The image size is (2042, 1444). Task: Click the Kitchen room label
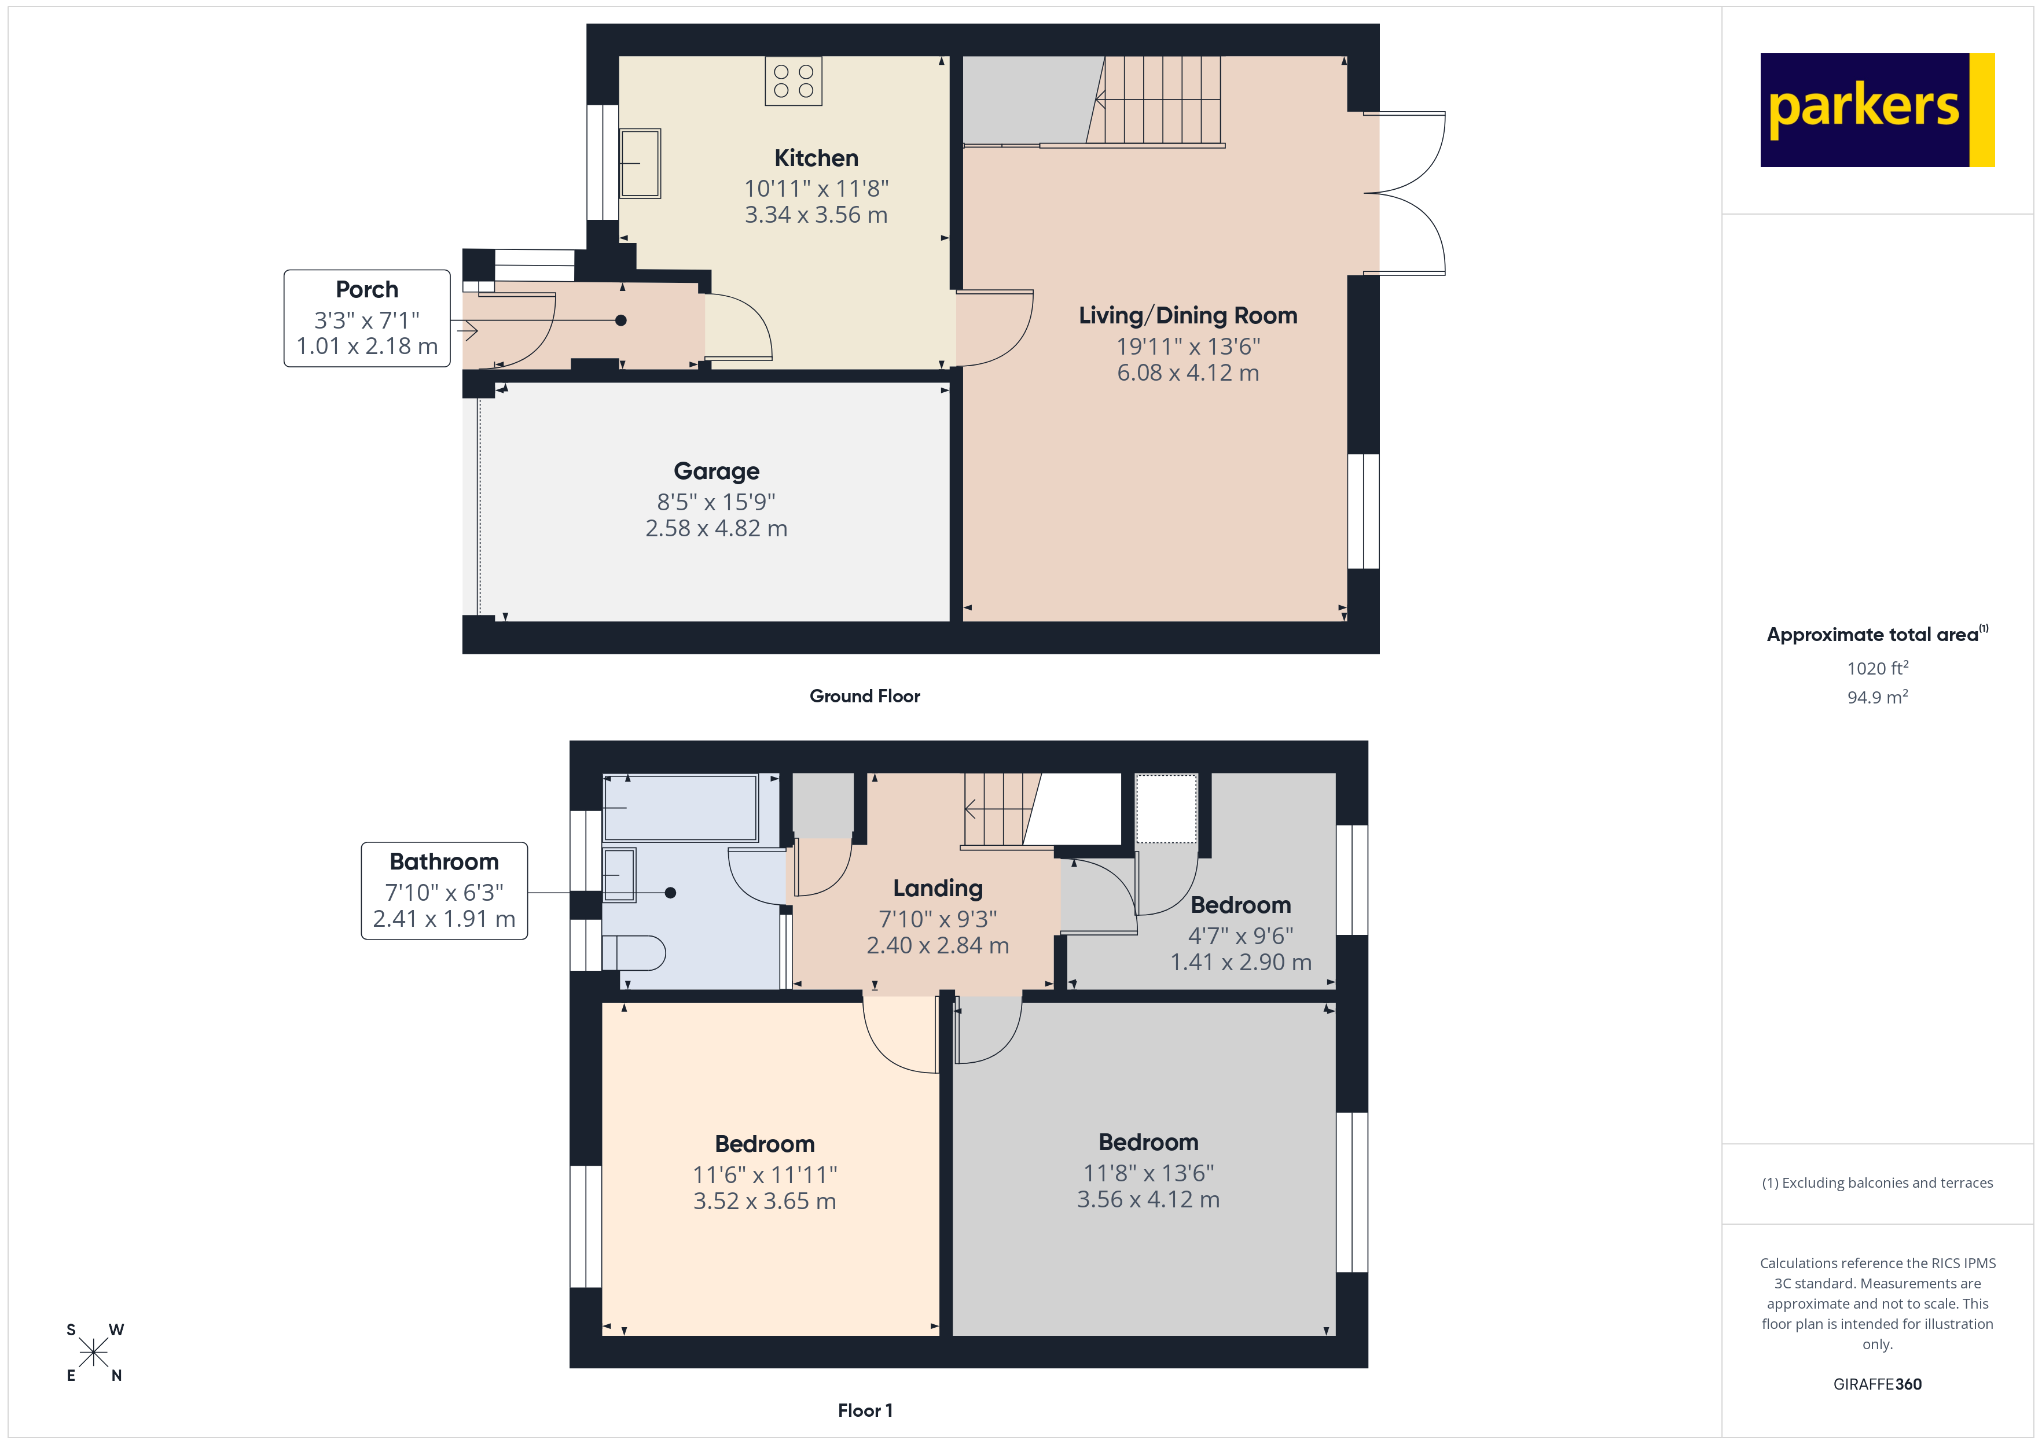(x=816, y=159)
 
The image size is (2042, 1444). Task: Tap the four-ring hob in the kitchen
(x=794, y=81)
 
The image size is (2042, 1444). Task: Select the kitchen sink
(x=640, y=164)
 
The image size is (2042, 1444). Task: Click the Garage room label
(x=716, y=471)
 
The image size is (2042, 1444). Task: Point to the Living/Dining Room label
(x=1187, y=316)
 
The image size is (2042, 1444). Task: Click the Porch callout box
(x=366, y=318)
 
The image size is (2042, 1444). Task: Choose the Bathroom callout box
(x=444, y=890)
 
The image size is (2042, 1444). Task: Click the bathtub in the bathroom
(x=680, y=808)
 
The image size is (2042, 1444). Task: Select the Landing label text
(x=938, y=888)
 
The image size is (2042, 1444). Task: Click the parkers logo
(x=1876, y=110)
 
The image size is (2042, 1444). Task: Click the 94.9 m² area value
(x=1876, y=697)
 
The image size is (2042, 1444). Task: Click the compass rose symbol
(x=93, y=1353)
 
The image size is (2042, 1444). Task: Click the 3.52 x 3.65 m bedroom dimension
(x=764, y=1201)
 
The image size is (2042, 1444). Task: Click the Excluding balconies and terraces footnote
(x=1876, y=1183)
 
